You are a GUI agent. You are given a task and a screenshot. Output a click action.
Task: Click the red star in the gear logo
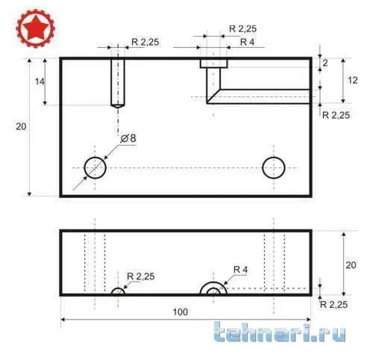pos(36,28)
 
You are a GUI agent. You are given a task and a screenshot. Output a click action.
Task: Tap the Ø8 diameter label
pos(128,138)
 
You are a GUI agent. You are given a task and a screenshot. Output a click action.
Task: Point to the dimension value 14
pos(40,81)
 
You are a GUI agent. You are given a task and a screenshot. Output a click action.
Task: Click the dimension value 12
pos(353,80)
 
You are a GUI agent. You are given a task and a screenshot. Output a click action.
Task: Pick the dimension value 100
pos(181,312)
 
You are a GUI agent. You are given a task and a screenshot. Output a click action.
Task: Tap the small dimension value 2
pos(325,63)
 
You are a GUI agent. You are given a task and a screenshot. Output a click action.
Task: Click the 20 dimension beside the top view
pos(21,126)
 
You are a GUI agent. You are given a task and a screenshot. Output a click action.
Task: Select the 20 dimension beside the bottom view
pos(351,265)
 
